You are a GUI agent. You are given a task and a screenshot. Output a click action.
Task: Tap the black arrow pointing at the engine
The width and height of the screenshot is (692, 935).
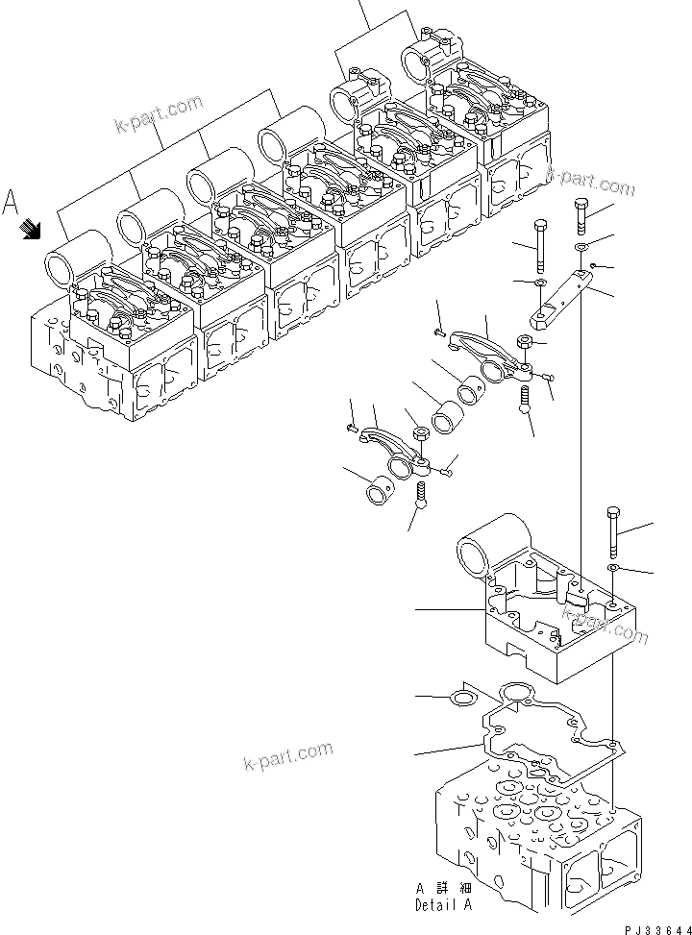tap(32, 229)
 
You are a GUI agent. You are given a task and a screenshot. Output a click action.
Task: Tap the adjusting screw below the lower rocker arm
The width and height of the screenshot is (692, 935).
tap(422, 495)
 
